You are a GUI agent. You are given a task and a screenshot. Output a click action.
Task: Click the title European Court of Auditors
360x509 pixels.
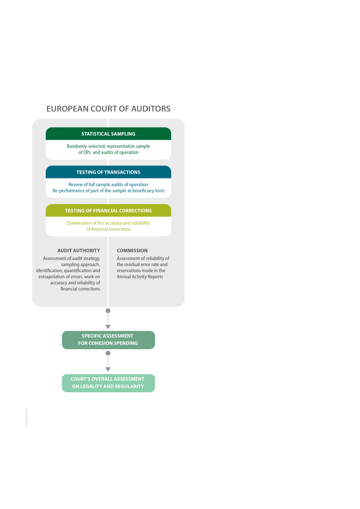pos(108,109)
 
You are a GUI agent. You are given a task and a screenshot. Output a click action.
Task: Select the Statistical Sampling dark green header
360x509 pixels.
pos(108,134)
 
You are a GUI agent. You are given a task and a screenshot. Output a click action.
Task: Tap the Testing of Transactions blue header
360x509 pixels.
pos(108,172)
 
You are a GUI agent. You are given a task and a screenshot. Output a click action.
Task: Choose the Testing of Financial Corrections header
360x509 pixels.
pos(108,210)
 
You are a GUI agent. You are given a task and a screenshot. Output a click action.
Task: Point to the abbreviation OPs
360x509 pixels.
pos(87,152)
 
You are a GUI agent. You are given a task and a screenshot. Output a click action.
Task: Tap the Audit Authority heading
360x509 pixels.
pos(78,251)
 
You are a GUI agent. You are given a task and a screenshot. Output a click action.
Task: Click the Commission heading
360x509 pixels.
pos(132,251)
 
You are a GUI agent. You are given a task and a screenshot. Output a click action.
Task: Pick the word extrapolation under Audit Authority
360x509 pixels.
pos(51,277)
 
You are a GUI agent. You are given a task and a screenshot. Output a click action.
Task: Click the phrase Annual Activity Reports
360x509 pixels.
pos(140,277)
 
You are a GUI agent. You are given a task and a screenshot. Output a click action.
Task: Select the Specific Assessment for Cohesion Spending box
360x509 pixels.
pos(108,340)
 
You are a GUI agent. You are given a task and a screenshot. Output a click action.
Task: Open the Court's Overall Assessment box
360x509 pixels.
pos(108,383)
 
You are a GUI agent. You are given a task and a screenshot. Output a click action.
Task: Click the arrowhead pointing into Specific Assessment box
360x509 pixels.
pos(108,327)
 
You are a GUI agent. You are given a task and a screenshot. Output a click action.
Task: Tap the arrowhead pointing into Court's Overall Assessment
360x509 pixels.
pos(108,369)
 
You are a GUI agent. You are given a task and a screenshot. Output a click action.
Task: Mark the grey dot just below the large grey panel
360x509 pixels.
pos(108,310)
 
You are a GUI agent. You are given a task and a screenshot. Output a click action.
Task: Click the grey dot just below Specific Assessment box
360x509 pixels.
pos(108,353)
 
